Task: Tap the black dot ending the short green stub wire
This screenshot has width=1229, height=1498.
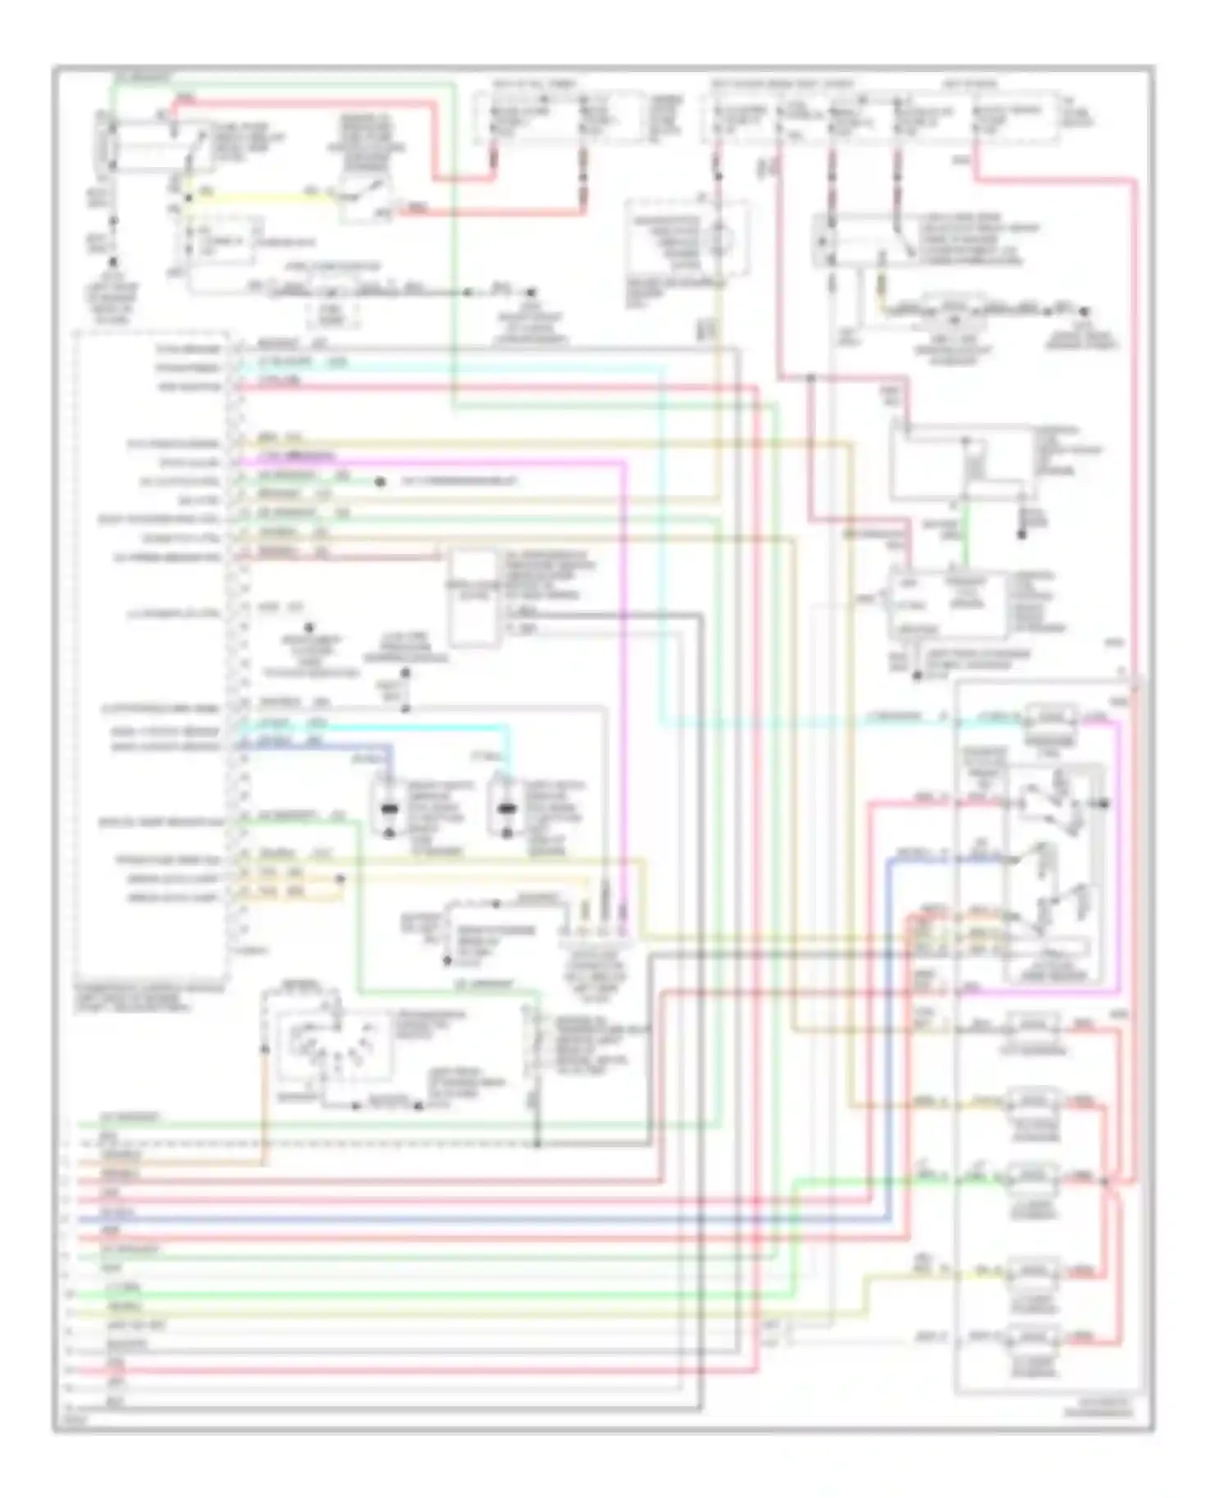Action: (x=379, y=482)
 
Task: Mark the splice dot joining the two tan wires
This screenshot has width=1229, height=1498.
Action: (x=340, y=878)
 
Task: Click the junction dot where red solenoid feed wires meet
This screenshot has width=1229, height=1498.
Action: (x=1104, y=1181)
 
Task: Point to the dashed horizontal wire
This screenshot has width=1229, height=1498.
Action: (x=328, y=1143)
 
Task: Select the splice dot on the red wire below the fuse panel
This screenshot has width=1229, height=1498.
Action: (x=810, y=379)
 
